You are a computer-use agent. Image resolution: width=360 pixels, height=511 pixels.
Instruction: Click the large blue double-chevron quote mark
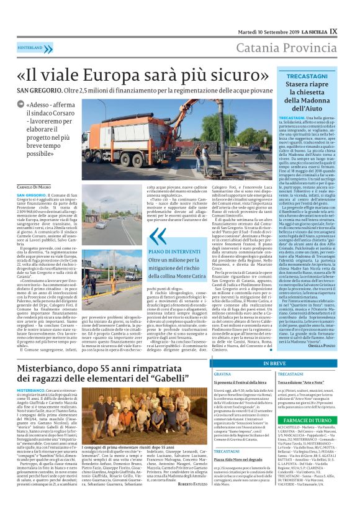(x=158, y=235)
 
